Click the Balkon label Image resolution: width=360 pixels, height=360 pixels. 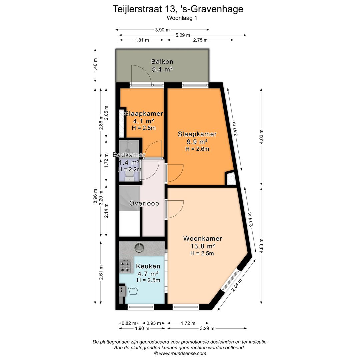click(162, 62)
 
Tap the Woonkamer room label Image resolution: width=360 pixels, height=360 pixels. click(202, 239)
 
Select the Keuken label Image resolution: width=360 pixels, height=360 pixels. click(148, 266)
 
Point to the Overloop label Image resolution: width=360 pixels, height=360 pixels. click(144, 203)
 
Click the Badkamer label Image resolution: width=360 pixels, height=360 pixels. click(129, 155)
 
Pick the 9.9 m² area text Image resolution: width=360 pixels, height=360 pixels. click(197, 142)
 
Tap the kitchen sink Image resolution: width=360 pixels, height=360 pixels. click(139, 247)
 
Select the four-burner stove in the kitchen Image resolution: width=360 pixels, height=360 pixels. click(125, 266)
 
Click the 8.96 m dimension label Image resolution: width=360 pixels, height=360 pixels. click(96, 197)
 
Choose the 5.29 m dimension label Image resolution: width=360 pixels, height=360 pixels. click(183, 35)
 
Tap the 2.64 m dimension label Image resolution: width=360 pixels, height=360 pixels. click(236, 285)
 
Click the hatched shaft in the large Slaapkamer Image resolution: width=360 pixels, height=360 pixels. click(231, 179)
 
